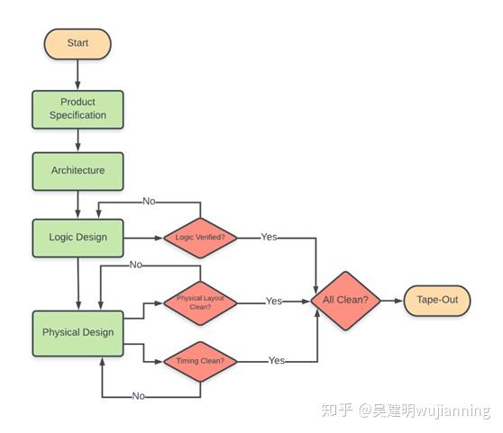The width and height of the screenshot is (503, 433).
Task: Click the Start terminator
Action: (x=78, y=43)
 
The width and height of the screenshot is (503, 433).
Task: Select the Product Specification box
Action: (x=78, y=109)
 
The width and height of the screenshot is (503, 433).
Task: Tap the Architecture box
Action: (x=78, y=171)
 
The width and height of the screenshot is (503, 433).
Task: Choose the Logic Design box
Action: (x=78, y=238)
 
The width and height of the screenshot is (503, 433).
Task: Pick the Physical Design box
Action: (x=78, y=332)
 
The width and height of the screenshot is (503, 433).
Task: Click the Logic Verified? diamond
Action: (x=199, y=238)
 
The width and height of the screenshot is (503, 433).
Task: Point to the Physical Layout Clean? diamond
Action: (x=199, y=302)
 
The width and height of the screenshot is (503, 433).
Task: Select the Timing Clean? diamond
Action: (x=199, y=362)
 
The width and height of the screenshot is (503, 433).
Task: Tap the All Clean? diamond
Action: (x=345, y=300)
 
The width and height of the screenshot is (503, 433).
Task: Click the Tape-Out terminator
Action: (x=436, y=300)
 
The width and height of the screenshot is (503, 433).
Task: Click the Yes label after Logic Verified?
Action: (x=269, y=238)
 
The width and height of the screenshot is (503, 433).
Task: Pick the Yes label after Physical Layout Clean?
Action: (x=274, y=302)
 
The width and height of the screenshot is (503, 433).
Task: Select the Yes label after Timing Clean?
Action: (x=277, y=361)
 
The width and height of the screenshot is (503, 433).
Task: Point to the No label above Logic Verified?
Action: (x=151, y=202)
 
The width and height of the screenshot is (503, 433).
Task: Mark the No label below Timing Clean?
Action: (x=138, y=396)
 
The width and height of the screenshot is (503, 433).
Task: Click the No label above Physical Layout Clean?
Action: (x=136, y=265)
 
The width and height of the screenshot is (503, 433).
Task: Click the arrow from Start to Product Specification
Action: (x=78, y=74)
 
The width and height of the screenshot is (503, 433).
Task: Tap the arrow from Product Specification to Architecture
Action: (x=78, y=140)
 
